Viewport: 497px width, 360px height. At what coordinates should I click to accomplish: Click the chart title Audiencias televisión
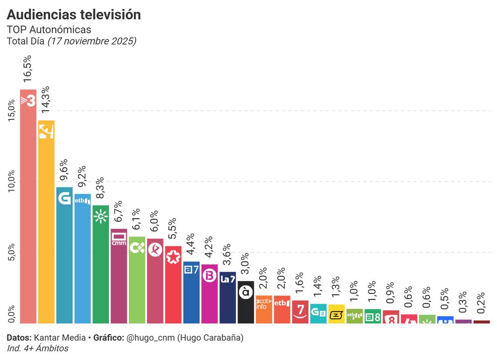[74, 15]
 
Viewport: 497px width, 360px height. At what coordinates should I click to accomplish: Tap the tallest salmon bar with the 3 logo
[28, 209]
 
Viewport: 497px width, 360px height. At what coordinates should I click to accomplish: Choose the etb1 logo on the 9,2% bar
[82, 201]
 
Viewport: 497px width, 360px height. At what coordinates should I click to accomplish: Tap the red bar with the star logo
[172, 258]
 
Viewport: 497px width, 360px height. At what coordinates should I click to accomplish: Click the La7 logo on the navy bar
[227, 279]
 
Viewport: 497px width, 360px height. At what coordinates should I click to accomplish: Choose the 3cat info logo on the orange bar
[263, 304]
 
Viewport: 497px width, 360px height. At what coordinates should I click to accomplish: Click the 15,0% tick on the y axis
[11, 109]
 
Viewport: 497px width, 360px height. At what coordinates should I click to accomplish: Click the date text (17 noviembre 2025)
[91, 41]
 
